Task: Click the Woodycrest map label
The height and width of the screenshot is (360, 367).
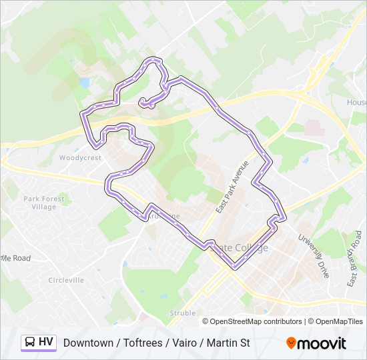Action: pyautogui.click(x=79, y=158)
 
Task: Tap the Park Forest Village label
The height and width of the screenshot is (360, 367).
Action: pyautogui.click(x=44, y=203)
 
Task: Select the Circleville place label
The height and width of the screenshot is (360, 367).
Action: pyautogui.click(x=66, y=280)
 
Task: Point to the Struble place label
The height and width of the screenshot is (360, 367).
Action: pyautogui.click(x=182, y=313)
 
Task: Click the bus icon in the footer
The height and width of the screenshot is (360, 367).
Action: pyautogui.click(x=30, y=342)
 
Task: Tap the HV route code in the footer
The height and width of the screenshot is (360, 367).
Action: pyautogui.click(x=46, y=342)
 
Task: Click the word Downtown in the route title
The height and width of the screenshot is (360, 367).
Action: pyautogui.click(x=88, y=343)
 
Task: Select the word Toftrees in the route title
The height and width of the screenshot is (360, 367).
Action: pyautogui.click(x=142, y=343)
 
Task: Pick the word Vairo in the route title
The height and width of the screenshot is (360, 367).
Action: pyautogui.click(x=185, y=343)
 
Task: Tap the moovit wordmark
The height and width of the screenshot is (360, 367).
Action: pyautogui.click(x=322, y=343)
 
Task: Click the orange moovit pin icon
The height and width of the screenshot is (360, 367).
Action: pyautogui.click(x=291, y=343)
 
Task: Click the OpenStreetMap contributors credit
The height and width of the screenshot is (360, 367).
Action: pyautogui.click(x=256, y=321)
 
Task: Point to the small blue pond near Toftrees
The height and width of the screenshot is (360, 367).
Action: pyautogui.click(x=84, y=83)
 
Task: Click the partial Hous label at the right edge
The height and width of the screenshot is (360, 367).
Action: pyautogui.click(x=356, y=102)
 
